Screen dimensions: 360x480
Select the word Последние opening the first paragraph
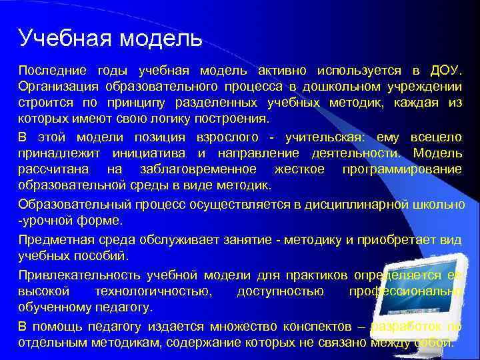click(52, 71)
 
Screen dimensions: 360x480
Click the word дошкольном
click(339, 87)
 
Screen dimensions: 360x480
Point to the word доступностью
click(280, 291)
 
